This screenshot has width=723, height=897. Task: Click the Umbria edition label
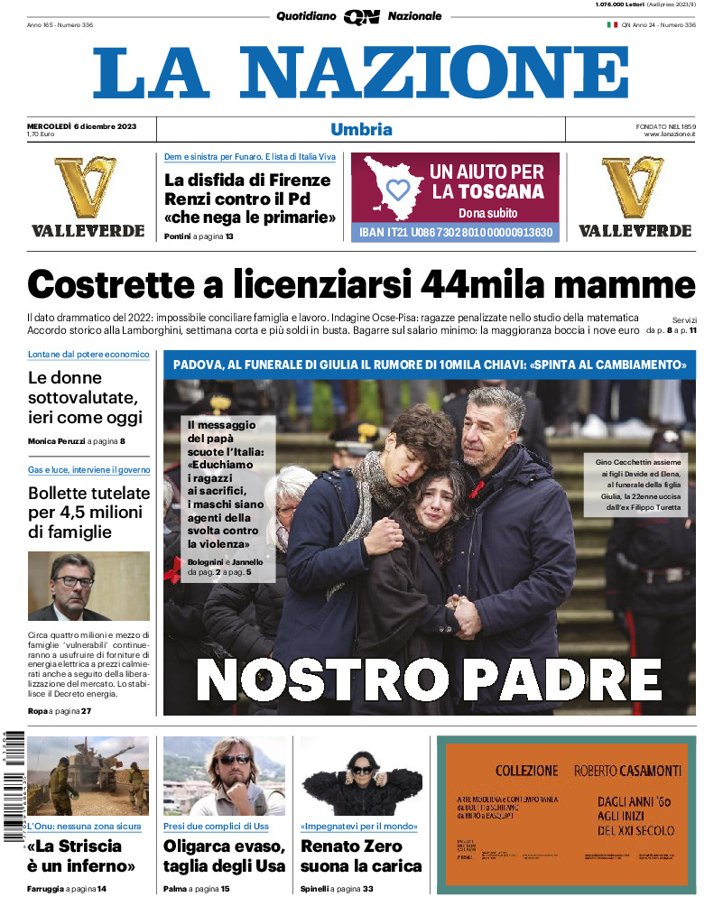[x=361, y=129]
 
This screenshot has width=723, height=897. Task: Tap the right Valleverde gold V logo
[x=634, y=188]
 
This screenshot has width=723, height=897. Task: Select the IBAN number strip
[x=455, y=232]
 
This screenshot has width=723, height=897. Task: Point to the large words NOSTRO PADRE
[x=429, y=680]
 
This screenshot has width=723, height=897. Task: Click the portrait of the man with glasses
[x=88, y=587]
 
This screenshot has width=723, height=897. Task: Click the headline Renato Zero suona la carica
[x=360, y=855]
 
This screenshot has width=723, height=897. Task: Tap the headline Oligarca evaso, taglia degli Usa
[x=224, y=855]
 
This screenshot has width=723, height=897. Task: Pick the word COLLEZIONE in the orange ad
[x=527, y=771]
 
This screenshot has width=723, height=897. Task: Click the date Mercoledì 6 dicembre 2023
[x=81, y=125]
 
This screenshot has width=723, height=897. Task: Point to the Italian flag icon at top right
[x=611, y=25]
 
